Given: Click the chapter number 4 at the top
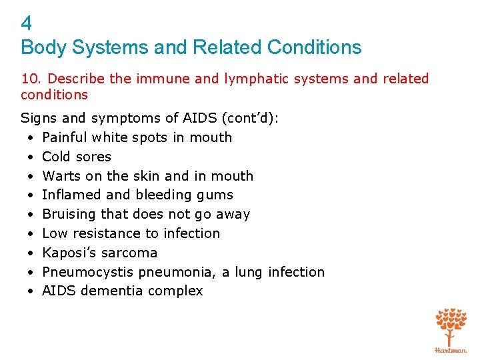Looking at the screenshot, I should click(27, 24).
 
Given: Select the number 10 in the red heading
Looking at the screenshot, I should click(29, 79).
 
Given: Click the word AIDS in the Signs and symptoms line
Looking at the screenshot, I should click(199, 118).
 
